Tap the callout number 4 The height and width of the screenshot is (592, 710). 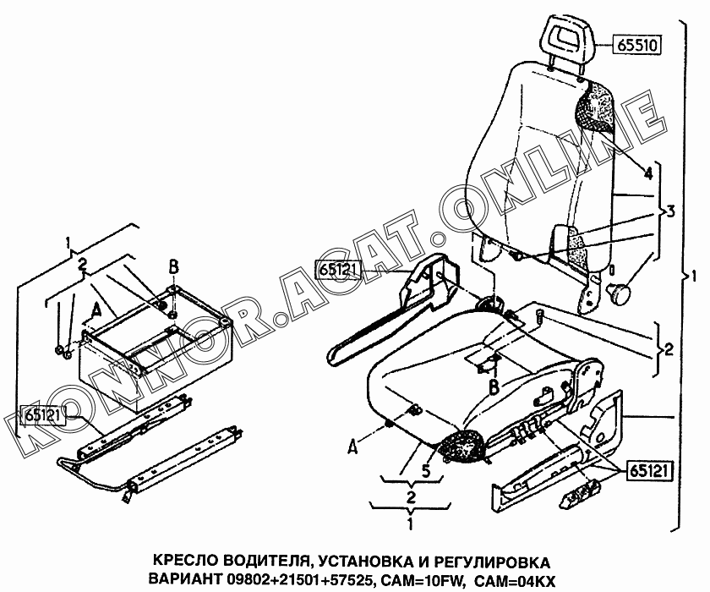point(648,173)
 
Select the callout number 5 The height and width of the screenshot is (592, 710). point(426,471)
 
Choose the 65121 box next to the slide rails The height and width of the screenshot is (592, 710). point(43,415)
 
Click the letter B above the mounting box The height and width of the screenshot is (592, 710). point(173,268)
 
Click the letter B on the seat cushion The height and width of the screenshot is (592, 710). point(494,387)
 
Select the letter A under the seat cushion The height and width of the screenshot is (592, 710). point(353,447)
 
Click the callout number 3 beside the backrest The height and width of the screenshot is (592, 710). point(669,211)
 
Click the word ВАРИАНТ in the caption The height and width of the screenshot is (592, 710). point(186,579)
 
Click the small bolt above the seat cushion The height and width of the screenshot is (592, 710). point(540,315)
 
